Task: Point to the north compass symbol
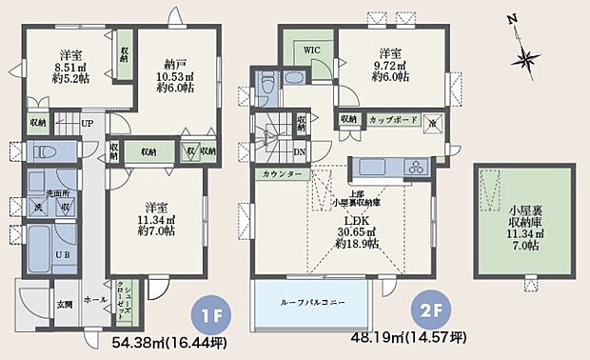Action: coord(524,56)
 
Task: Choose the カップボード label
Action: coord(391,120)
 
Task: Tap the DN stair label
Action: coord(301,151)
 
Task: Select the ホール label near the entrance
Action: coord(96,298)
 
